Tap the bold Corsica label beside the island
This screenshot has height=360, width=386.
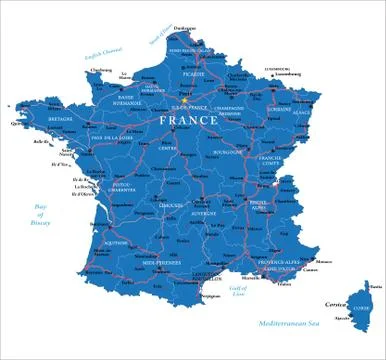(336, 302)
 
